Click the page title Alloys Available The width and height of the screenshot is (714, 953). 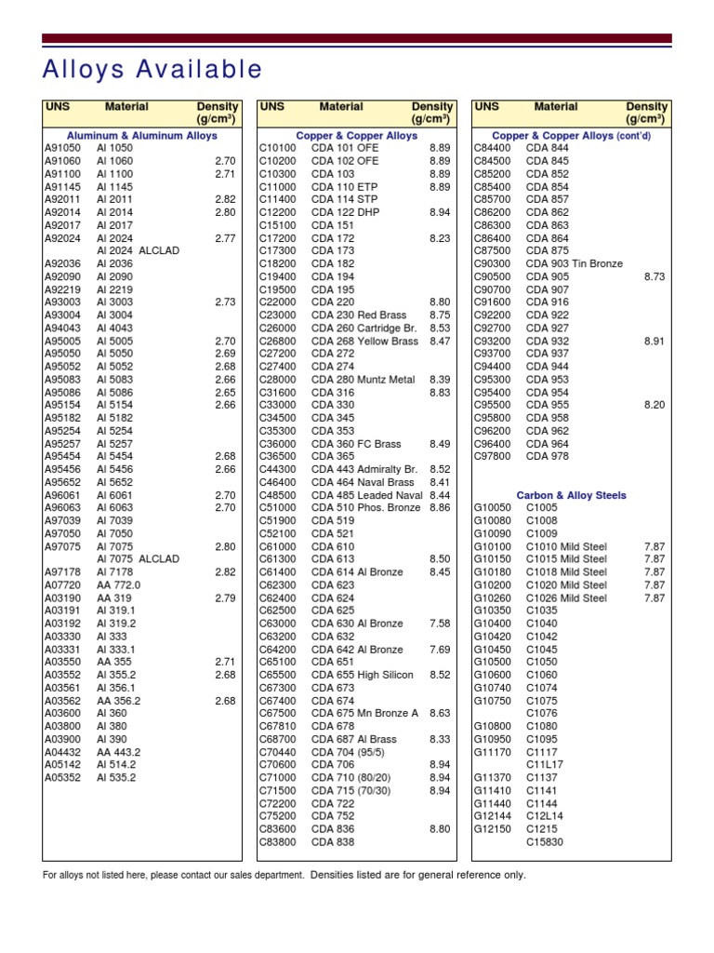click(x=153, y=70)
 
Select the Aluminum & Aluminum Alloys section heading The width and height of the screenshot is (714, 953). click(x=143, y=135)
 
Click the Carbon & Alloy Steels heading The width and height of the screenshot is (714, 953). click(x=571, y=495)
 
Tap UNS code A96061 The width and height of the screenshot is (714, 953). click(x=62, y=495)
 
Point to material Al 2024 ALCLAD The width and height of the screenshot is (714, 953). click(x=138, y=251)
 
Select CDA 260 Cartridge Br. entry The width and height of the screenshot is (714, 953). click(x=364, y=329)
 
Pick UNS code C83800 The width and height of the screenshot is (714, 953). click(x=277, y=842)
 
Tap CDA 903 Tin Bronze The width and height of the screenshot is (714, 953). click(x=574, y=264)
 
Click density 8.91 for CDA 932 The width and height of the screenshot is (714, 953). click(x=654, y=342)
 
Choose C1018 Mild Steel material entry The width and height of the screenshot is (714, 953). click(x=566, y=572)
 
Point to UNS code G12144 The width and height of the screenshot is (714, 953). click(x=493, y=816)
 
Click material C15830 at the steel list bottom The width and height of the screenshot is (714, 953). click(x=545, y=842)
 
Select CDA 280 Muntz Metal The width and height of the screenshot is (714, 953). click(x=363, y=380)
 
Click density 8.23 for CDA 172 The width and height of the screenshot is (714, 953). click(x=440, y=238)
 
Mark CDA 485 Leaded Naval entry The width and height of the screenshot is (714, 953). click(x=366, y=495)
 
